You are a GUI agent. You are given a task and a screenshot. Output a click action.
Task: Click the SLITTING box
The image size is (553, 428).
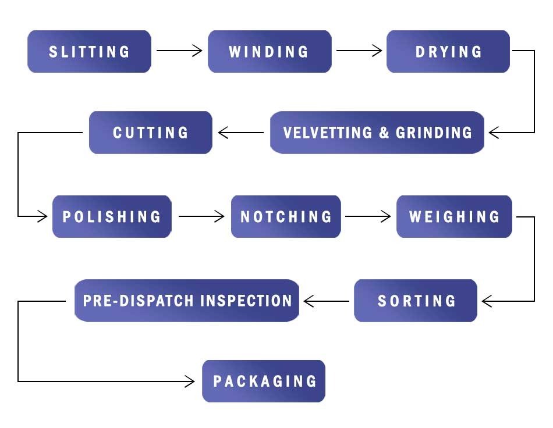pos(89,51)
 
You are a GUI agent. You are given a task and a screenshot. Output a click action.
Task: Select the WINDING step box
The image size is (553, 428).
pos(269,51)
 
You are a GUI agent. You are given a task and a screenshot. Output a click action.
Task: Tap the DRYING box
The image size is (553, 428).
pos(448,51)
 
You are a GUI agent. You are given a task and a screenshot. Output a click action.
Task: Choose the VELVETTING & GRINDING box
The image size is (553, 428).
pos(377,133)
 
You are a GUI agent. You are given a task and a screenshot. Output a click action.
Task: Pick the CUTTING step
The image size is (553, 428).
pos(150,133)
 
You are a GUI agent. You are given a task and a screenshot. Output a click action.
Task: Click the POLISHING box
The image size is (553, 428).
pos(112,217)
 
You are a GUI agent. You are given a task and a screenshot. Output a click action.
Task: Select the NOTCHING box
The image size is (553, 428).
pos(286,217)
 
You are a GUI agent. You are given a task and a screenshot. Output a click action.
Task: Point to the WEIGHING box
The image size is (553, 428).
pos(454,217)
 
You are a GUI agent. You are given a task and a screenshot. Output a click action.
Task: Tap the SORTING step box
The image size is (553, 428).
pos(416,301)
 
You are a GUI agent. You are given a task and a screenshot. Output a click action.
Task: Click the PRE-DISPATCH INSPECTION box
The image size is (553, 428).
pos(187,301)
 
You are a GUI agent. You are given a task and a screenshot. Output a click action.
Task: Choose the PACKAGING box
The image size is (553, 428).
pos(264,381)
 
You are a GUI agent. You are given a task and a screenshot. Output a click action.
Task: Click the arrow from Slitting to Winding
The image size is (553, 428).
pos(179,51)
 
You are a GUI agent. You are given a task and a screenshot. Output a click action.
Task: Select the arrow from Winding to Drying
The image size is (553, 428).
pos(359,51)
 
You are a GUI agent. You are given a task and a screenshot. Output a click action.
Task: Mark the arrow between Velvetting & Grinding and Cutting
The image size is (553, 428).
pos(240,133)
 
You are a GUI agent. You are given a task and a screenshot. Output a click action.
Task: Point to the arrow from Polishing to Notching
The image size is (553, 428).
pos(201,217)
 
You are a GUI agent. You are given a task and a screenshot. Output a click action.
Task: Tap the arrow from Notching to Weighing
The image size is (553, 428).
pos(368,217)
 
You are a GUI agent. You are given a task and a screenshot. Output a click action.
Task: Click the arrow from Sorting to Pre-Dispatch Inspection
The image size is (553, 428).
pos(327,301)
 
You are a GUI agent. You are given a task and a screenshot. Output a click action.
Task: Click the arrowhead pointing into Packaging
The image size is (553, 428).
pos(190,381)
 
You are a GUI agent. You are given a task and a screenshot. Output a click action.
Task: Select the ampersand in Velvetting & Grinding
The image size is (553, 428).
pos(384,133)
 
